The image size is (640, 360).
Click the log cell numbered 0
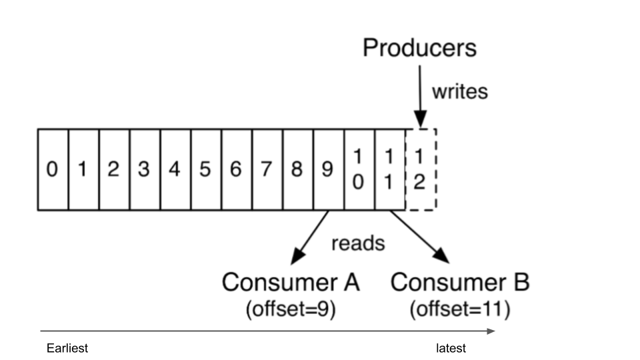click(53, 170)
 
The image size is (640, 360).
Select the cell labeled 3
click(144, 170)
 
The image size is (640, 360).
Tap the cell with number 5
click(205, 170)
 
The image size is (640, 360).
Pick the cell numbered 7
click(267, 170)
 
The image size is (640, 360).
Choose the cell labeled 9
click(327, 170)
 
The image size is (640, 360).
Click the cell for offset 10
click(358, 170)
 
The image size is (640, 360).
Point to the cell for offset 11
click(389, 170)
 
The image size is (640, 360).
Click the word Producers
click(419, 48)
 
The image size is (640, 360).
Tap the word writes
click(459, 91)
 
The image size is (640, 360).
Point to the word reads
click(358, 243)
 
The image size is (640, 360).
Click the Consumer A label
click(291, 283)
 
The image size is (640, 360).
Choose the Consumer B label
click(460, 283)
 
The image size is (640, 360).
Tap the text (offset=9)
click(291, 311)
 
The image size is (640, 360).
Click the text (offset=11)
click(460, 311)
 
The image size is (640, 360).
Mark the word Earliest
click(67, 348)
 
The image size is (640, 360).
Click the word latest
click(451, 348)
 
